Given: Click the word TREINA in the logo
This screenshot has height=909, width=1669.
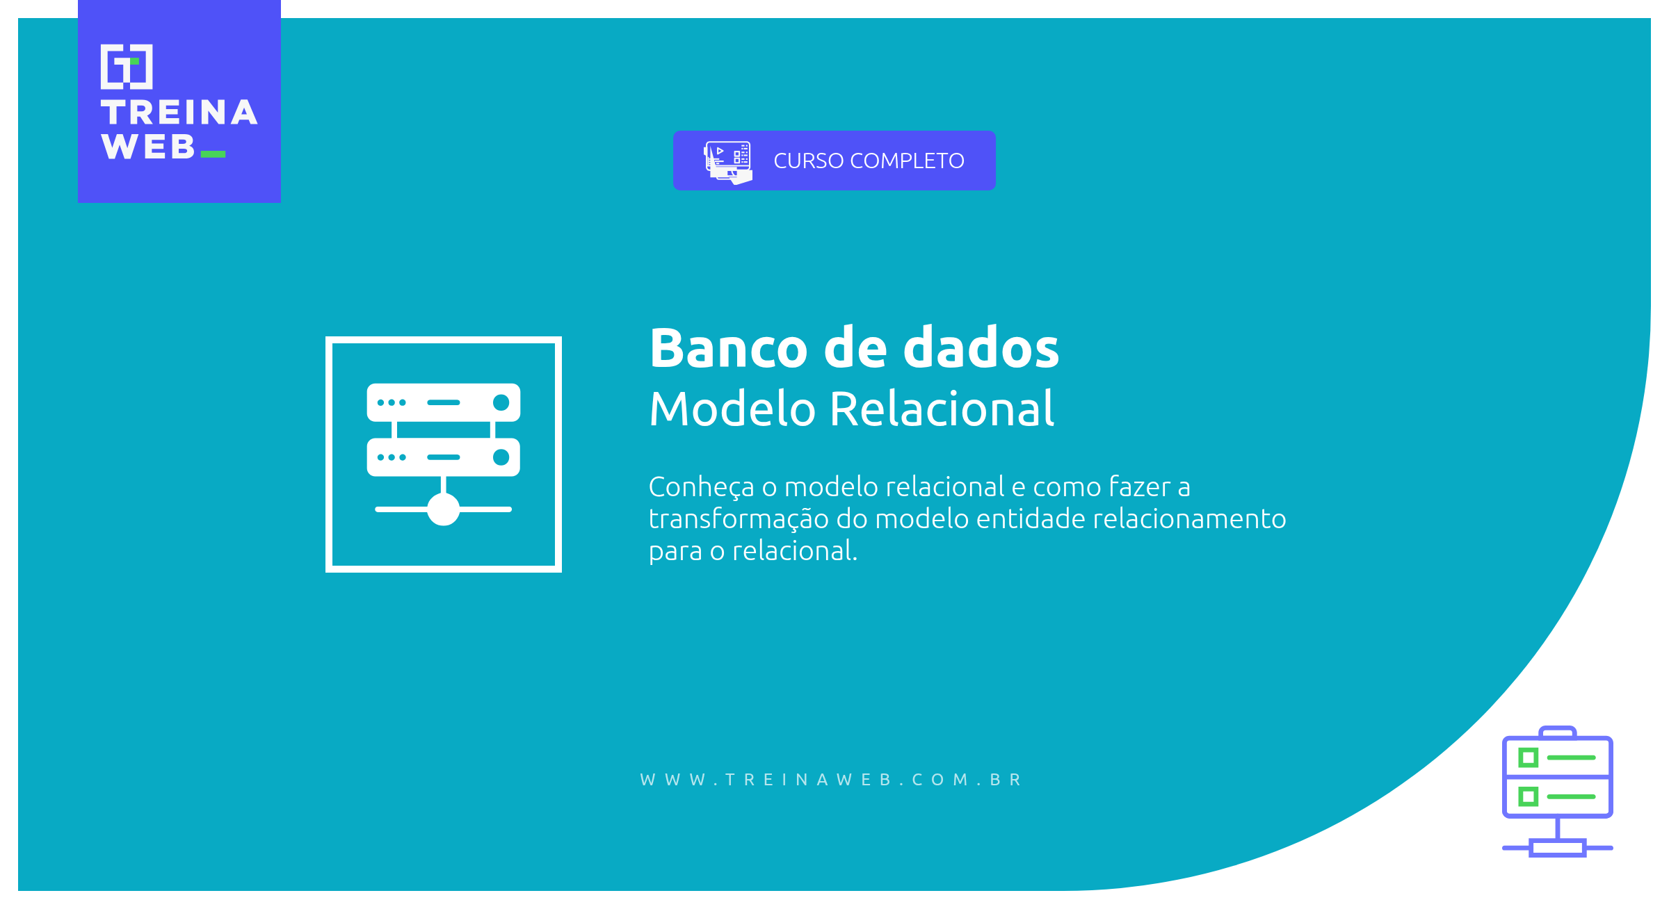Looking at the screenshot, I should tap(179, 113).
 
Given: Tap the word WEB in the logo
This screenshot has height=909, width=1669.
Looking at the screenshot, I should tap(147, 147).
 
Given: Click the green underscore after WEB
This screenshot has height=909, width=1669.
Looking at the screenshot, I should tap(213, 154).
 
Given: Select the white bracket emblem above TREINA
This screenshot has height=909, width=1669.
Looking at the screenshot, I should tap(127, 67).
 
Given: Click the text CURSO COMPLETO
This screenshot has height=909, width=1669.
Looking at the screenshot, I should tap(869, 161).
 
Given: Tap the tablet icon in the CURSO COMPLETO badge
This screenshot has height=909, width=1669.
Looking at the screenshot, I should tap(727, 161).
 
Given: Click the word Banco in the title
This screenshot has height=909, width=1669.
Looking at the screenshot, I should tap(728, 348).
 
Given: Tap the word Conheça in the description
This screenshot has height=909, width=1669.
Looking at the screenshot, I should tap(701, 487).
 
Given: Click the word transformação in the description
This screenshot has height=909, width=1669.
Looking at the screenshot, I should tap(739, 519).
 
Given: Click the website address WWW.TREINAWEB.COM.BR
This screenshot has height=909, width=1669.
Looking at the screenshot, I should tap(832, 780).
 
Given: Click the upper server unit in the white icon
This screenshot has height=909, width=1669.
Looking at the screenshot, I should tap(443, 402).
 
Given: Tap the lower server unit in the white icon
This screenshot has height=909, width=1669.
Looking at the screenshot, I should tap(443, 457).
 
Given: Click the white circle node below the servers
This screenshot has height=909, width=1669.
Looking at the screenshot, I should tap(443, 509).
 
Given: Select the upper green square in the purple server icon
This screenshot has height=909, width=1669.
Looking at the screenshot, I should tap(1528, 757).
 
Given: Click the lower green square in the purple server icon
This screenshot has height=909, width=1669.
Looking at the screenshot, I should tap(1528, 796).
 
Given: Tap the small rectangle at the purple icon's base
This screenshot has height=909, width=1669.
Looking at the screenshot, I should tap(1558, 848).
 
